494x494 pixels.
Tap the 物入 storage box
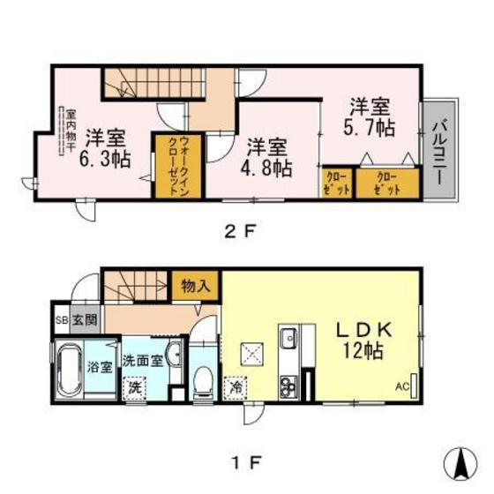click(x=196, y=287)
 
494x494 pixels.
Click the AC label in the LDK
click(x=401, y=386)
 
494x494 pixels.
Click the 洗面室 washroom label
click(x=141, y=360)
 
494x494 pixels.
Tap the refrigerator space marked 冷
click(x=236, y=385)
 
